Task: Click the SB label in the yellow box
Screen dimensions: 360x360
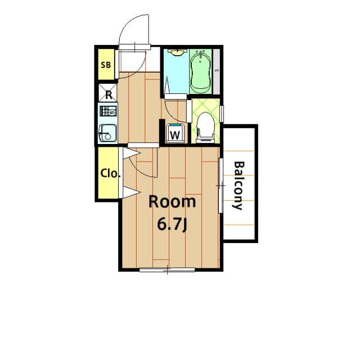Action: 106,64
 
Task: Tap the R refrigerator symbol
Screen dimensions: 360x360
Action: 108,93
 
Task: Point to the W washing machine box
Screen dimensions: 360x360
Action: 175,134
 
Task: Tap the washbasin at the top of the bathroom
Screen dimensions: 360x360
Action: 178,52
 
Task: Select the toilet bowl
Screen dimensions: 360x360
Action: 205,125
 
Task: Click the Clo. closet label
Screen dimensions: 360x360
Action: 110,173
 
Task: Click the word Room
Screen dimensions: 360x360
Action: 172,202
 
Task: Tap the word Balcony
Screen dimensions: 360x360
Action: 238,186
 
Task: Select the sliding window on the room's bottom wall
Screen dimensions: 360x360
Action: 167,270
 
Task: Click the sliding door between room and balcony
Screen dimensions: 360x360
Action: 220,185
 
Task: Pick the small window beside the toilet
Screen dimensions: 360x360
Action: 222,113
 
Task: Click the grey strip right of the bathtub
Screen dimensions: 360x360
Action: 216,71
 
